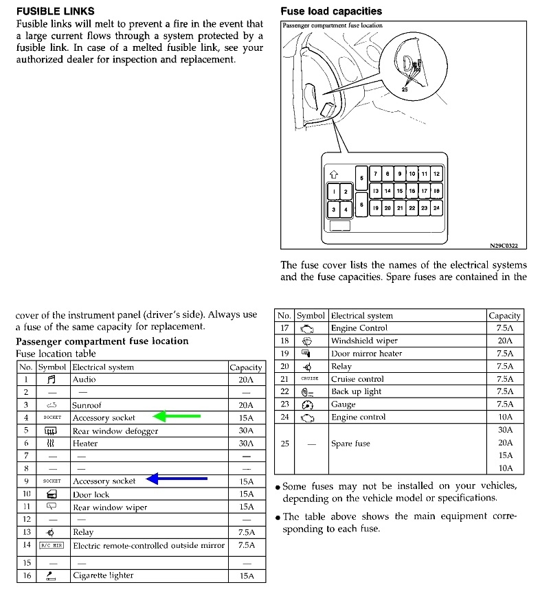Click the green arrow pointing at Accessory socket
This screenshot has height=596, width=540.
177,416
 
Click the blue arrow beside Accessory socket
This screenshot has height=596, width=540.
177,479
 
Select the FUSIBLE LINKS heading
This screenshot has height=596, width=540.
56,12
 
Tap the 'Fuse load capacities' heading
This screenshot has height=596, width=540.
331,12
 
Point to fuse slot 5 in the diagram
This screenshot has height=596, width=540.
361,177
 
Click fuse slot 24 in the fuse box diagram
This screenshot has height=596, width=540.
436,207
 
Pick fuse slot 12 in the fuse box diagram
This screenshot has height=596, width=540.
436,174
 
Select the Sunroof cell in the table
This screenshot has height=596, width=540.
87,405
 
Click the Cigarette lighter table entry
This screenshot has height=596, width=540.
103,575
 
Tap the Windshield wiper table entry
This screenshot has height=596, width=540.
364,341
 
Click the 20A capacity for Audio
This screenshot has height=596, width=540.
246,380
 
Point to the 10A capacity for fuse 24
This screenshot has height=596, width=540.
506,417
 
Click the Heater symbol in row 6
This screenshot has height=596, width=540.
52,444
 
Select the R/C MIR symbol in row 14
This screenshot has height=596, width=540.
52,545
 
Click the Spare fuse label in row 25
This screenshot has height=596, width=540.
350,444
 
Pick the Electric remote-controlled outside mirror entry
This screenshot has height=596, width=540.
148,545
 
